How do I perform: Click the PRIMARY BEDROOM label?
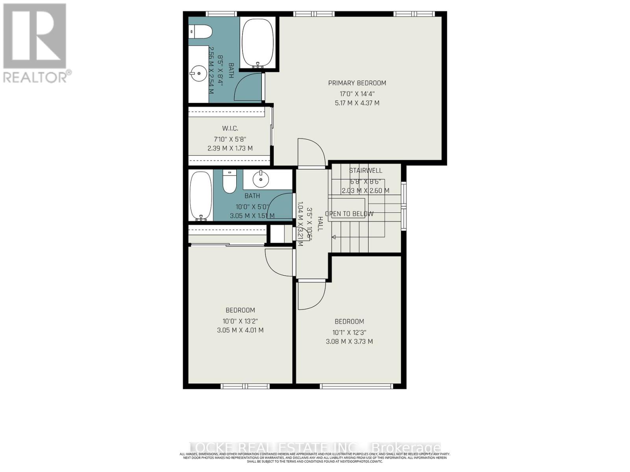(x=357, y=83)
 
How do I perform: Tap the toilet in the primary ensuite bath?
(x=200, y=31)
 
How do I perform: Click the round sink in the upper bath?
(x=198, y=73)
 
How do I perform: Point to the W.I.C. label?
(x=230, y=129)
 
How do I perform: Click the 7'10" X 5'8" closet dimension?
(x=230, y=139)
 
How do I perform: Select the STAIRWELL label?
(x=365, y=171)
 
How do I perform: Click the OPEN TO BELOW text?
(x=349, y=214)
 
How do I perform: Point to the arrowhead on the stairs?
(x=334, y=237)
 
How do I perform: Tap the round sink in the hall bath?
(x=260, y=180)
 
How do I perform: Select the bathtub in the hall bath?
(x=200, y=196)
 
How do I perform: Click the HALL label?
(x=320, y=224)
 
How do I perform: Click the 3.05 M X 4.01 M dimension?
(x=240, y=330)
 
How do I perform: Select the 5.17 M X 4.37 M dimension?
(x=357, y=103)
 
